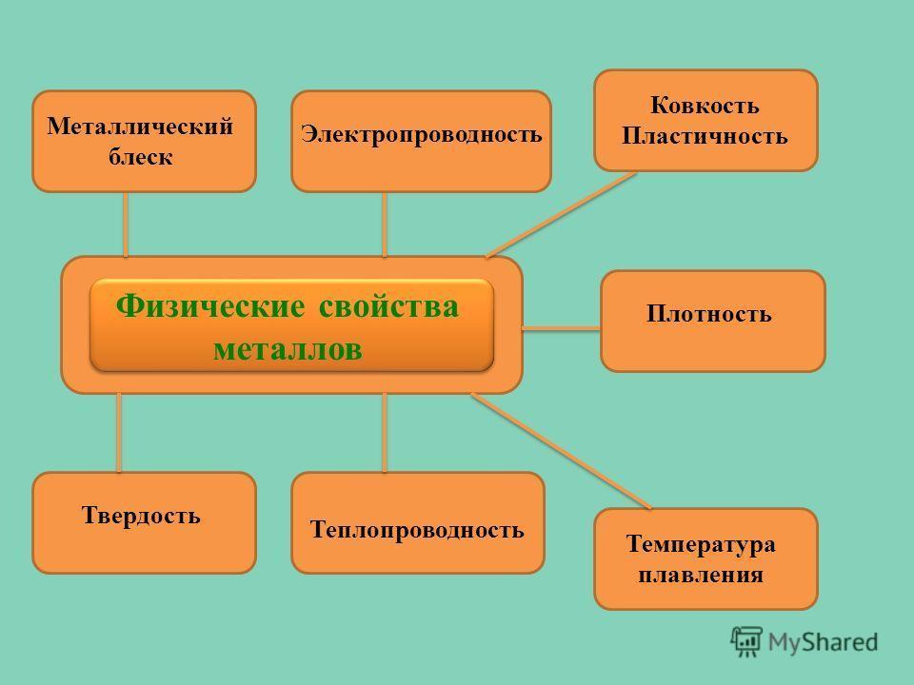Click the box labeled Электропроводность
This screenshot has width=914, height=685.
click(421, 141)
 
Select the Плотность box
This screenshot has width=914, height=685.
click(712, 321)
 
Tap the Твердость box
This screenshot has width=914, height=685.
click(144, 522)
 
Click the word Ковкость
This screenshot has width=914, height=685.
click(705, 106)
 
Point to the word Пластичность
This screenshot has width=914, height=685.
click(705, 136)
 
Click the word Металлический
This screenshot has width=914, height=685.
click(139, 127)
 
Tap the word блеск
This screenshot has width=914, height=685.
click(139, 157)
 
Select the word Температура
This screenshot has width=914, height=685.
click(701, 544)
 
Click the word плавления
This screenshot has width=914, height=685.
click(701, 575)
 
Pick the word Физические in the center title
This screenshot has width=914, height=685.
click(207, 307)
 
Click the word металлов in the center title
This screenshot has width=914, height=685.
click(288, 347)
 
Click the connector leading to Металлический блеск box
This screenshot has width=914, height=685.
click(126, 225)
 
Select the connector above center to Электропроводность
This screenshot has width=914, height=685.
click(385, 225)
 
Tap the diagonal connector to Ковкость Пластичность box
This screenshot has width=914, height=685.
click(562, 214)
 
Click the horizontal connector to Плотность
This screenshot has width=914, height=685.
click(561, 328)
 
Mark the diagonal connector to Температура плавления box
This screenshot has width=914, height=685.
click(562, 451)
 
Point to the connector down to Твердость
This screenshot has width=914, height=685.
click(119, 433)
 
